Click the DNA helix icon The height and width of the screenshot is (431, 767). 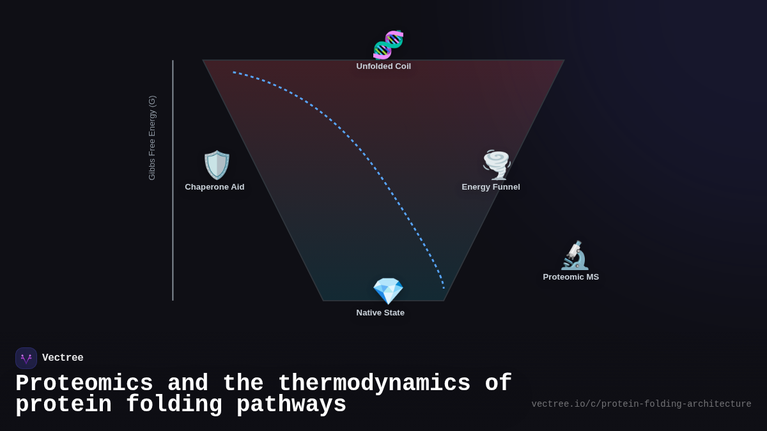point(388,45)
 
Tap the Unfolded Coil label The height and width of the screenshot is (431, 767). point(383,66)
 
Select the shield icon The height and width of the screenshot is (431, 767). point(217,165)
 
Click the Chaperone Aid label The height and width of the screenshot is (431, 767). point(215,187)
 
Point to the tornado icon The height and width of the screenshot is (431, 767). point(496,165)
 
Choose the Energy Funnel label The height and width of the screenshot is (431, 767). point(491,187)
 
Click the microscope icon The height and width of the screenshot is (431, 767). point(574,255)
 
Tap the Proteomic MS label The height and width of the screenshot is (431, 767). point(571,277)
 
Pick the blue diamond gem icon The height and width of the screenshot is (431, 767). point(388,291)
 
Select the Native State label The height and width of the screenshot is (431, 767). point(380,313)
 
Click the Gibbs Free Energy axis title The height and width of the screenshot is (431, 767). point(152,138)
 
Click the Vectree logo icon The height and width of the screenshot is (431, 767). point(26,358)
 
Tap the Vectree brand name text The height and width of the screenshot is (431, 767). point(63,358)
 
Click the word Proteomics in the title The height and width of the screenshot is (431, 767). point(84,384)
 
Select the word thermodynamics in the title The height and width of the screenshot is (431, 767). point(374,384)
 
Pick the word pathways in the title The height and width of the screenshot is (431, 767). point(291,405)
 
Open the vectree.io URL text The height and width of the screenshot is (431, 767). point(641,404)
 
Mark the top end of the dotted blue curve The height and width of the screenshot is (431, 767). point(234,72)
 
